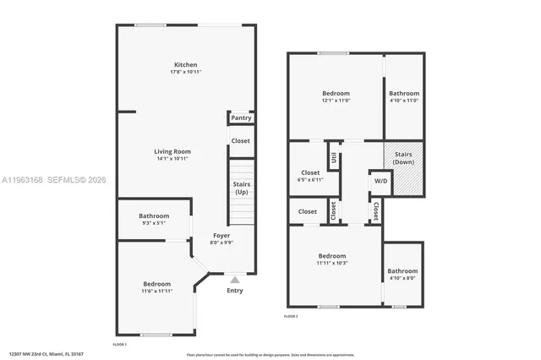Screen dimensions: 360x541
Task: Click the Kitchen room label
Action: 186,65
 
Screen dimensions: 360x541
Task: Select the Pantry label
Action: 241,118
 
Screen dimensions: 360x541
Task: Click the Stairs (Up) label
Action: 241,188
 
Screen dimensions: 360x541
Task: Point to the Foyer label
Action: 221,236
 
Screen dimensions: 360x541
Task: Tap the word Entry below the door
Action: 235,291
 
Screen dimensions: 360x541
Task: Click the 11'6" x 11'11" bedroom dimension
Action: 156,292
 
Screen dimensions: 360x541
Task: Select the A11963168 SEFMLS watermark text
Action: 54,179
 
